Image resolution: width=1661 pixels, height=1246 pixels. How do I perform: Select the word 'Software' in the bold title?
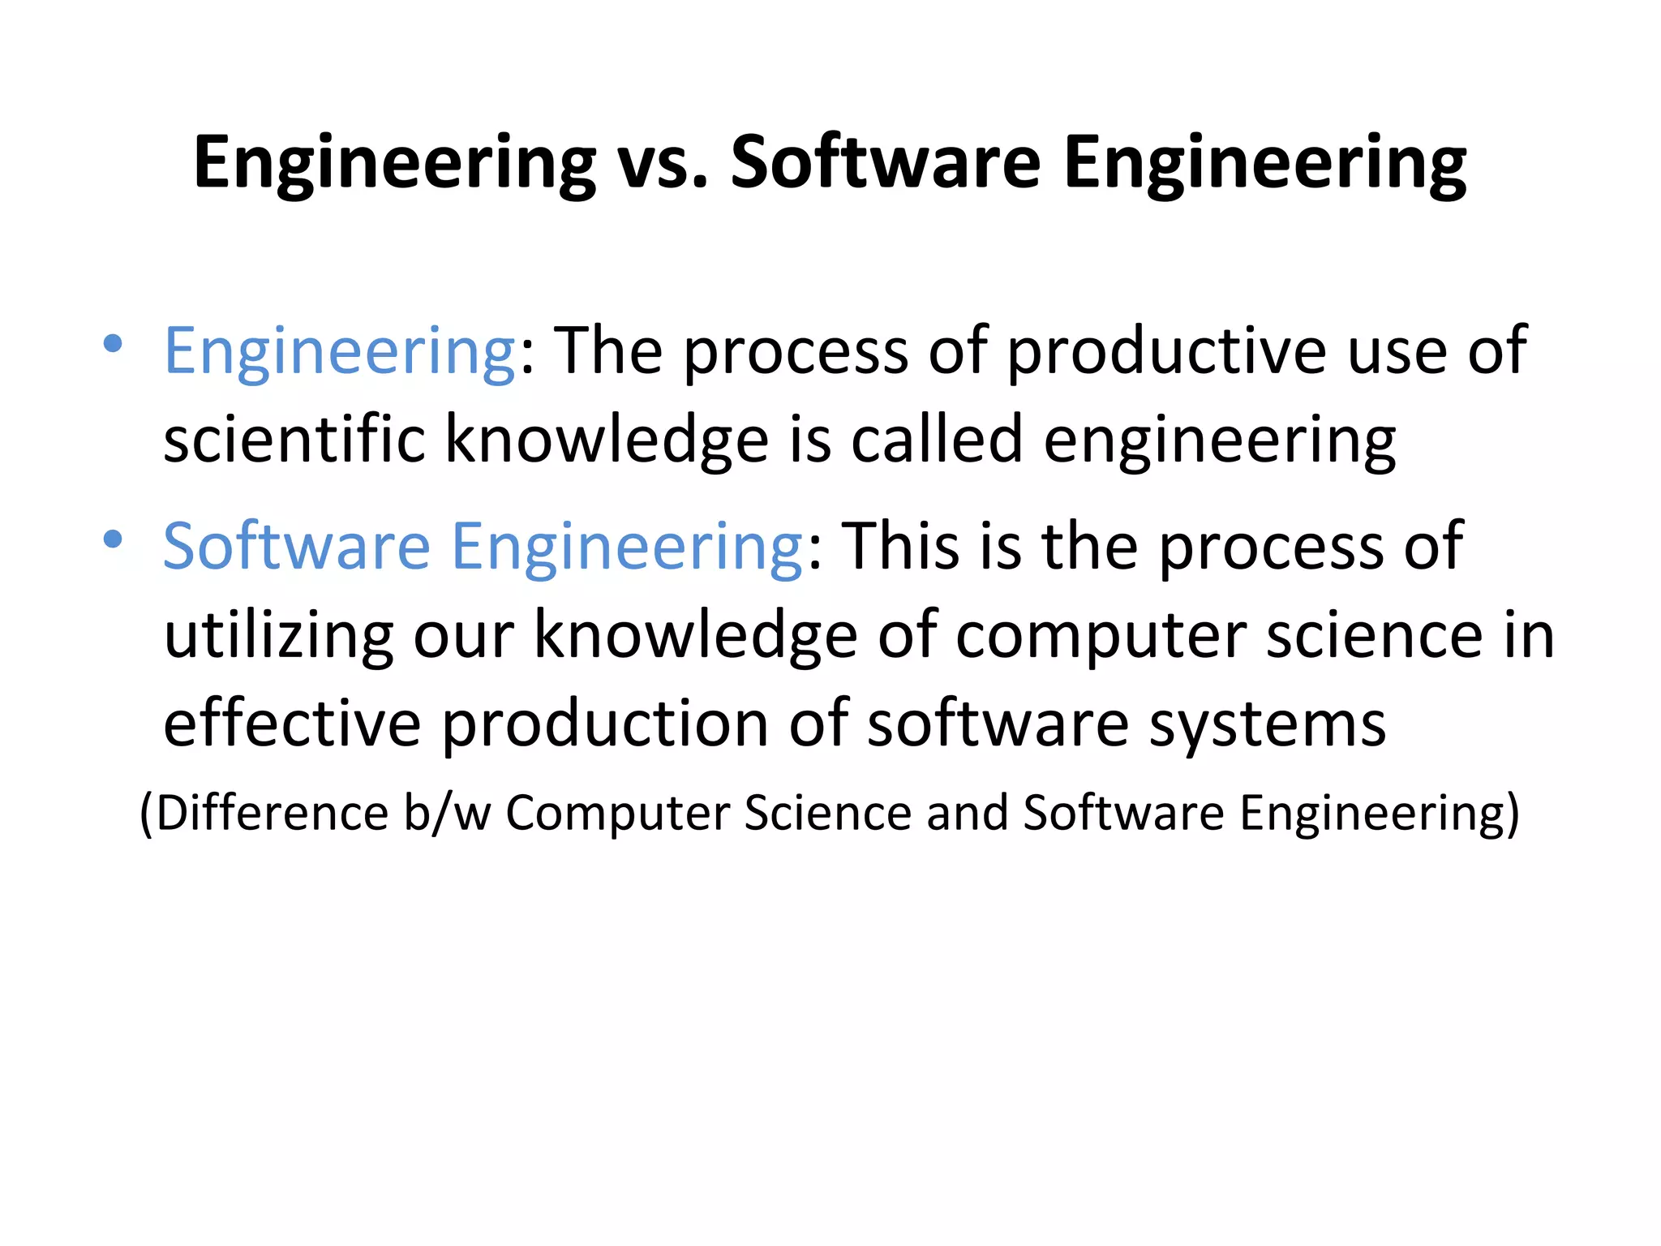pyautogui.click(x=885, y=163)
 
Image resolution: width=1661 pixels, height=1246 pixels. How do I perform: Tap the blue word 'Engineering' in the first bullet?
pyautogui.click(x=340, y=351)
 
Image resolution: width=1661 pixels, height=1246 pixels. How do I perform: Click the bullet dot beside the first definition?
pyautogui.click(x=114, y=343)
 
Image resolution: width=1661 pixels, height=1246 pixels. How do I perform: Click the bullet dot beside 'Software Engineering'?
pyautogui.click(x=114, y=539)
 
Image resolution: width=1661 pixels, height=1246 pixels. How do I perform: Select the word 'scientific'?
pyautogui.click(x=294, y=439)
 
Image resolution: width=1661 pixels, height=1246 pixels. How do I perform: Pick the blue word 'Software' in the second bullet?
pyautogui.click(x=297, y=547)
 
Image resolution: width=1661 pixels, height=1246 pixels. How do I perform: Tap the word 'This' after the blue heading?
pyautogui.click(x=900, y=547)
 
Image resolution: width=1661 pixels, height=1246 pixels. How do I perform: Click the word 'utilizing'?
pyautogui.click(x=278, y=635)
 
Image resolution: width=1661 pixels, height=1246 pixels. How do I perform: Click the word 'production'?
pyautogui.click(x=605, y=724)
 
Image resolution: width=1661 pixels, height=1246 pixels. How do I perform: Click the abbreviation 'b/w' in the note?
pyautogui.click(x=447, y=812)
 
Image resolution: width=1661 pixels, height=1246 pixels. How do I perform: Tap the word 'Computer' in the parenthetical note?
pyautogui.click(x=617, y=812)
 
